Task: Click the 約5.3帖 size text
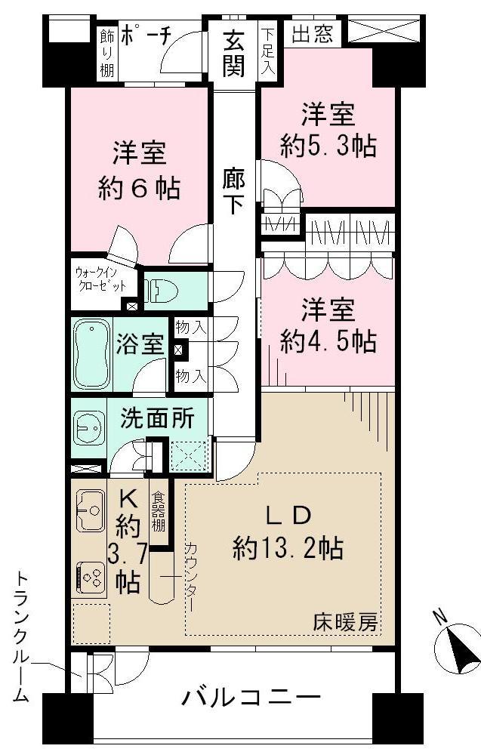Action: pyautogui.click(x=328, y=146)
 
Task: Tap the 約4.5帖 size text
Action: pyautogui.click(x=328, y=342)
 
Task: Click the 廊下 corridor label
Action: pyautogui.click(x=233, y=191)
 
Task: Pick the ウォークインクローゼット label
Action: pyautogui.click(x=98, y=279)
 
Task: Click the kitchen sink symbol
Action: pyautogui.click(x=91, y=510)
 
